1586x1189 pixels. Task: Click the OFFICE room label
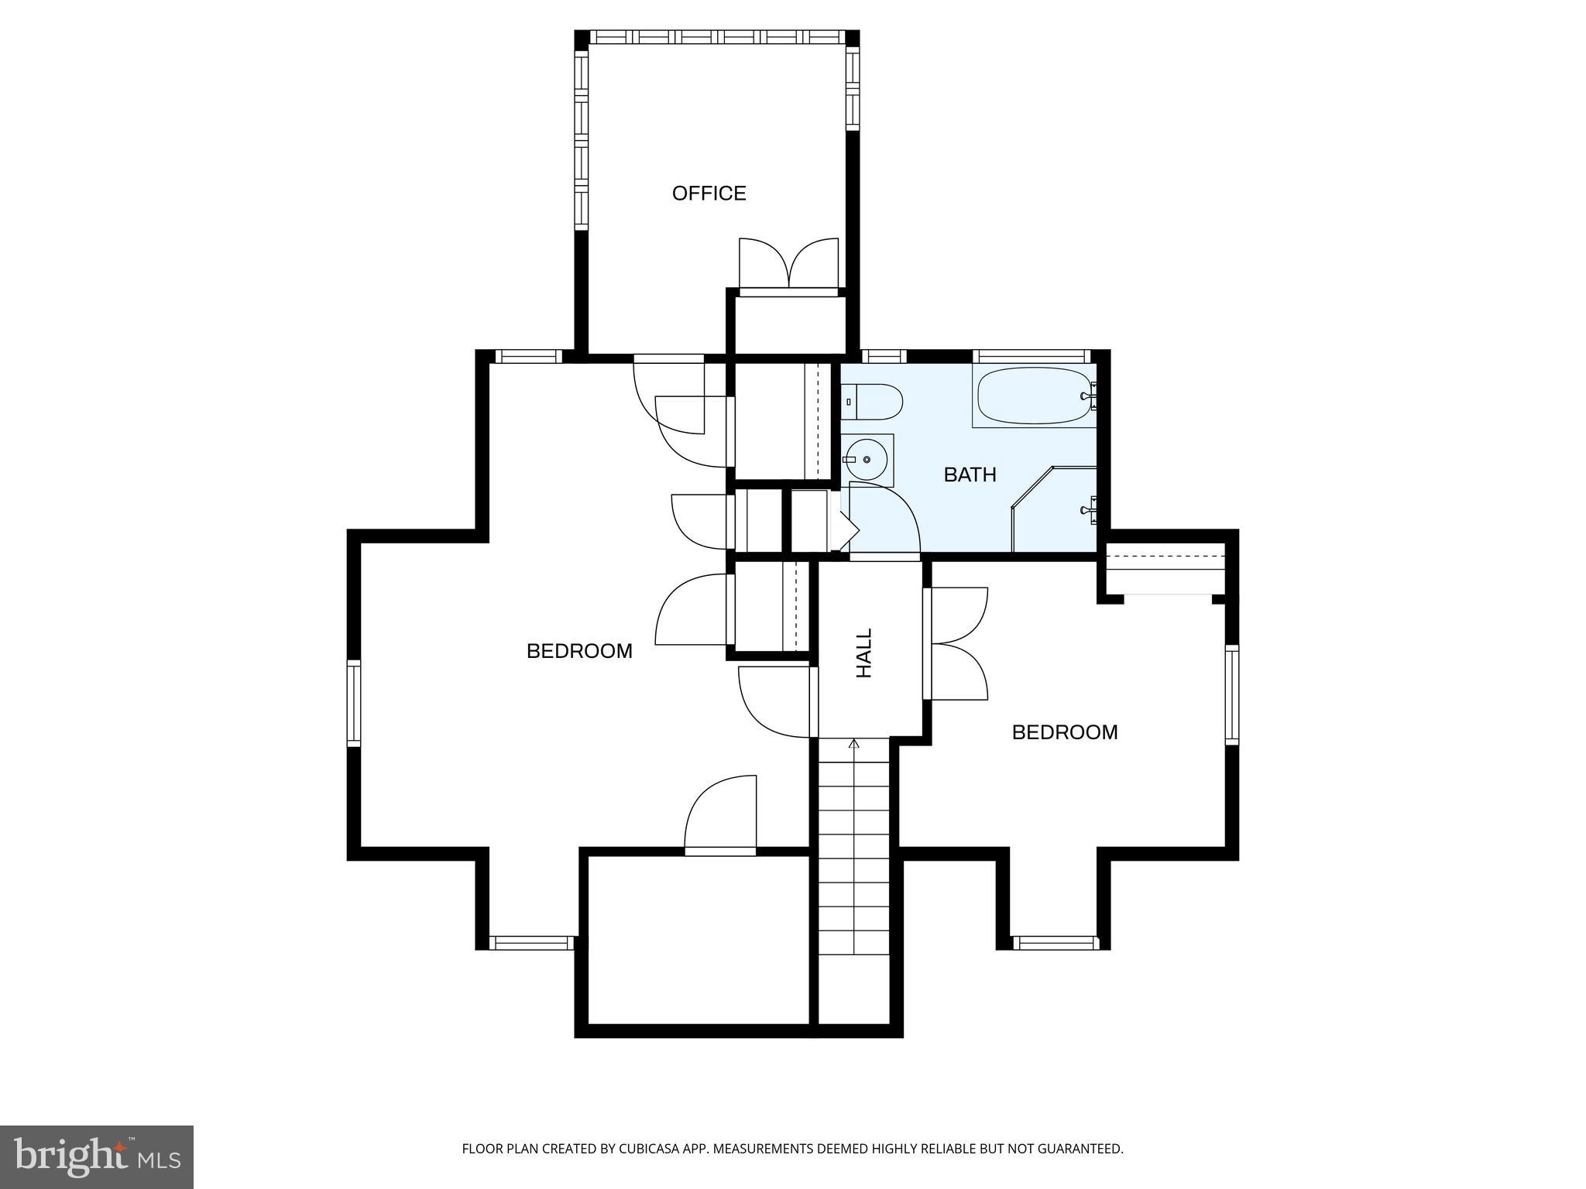point(709,193)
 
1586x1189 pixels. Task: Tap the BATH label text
point(970,475)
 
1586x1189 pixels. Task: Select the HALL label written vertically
point(864,653)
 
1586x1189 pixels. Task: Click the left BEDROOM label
point(579,651)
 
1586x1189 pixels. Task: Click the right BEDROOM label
point(1065,732)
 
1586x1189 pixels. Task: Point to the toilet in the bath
point(873,403)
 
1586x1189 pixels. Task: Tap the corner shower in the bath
point(1057,511)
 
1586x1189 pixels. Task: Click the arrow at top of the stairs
point(854,745)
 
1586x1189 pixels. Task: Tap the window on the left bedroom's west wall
point(354,702)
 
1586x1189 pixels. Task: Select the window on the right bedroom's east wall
point(1231,694)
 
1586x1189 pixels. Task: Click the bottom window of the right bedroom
point(1054,942)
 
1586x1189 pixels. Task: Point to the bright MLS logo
point(97,1156)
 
